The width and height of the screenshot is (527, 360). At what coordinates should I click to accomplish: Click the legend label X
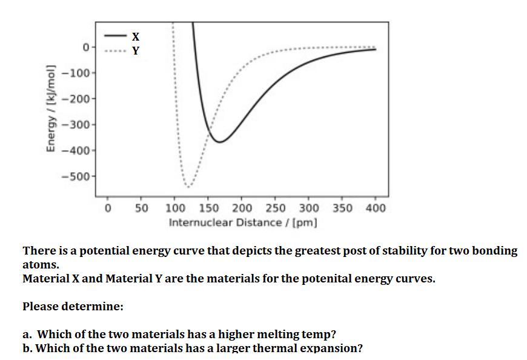click(135, 36)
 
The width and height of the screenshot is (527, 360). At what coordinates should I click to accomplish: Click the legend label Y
click(135, 50)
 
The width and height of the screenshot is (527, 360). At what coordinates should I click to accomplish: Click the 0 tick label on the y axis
click(86, 47)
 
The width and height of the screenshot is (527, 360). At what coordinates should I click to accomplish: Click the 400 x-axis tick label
click(376, 208)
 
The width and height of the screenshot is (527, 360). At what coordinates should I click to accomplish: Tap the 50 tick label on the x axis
click(142, 208)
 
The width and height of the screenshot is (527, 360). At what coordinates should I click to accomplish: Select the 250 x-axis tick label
click(276, 208)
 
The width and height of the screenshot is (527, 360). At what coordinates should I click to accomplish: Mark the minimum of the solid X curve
click(219, 142)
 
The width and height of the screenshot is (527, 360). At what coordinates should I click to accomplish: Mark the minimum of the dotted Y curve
click(188, 186)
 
